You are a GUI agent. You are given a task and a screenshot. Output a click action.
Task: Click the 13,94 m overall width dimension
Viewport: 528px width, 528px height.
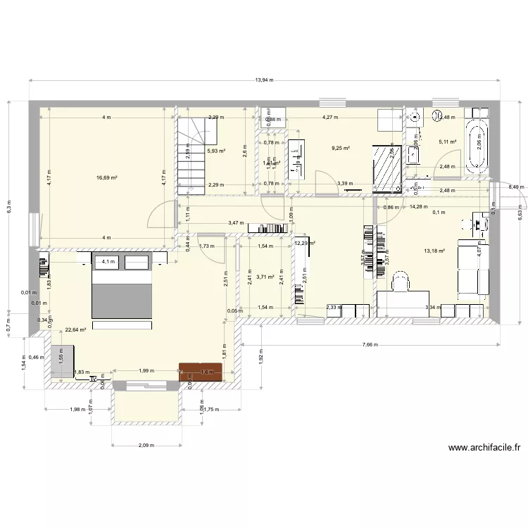click(264, 80)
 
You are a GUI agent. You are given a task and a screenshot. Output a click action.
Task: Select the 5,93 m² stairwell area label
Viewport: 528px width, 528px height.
click(215, 151)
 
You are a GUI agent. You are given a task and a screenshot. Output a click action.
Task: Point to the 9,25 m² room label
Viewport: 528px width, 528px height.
click(341, 148)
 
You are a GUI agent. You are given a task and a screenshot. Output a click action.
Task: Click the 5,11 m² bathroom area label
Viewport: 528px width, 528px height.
click(448, 142)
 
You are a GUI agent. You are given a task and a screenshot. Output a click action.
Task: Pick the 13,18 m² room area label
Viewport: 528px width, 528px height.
click(434, 250)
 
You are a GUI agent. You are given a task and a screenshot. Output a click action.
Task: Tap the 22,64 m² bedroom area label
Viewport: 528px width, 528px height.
click(75, 329)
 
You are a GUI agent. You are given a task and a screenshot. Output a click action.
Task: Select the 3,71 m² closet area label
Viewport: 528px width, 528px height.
click(265, 277)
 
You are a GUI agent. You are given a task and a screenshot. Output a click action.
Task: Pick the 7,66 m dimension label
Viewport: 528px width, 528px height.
click(371, 345)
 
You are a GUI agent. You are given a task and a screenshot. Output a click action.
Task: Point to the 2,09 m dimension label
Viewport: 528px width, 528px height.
click(147, 445)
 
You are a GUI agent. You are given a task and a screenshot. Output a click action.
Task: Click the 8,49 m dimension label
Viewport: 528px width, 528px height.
click(517, 187)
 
